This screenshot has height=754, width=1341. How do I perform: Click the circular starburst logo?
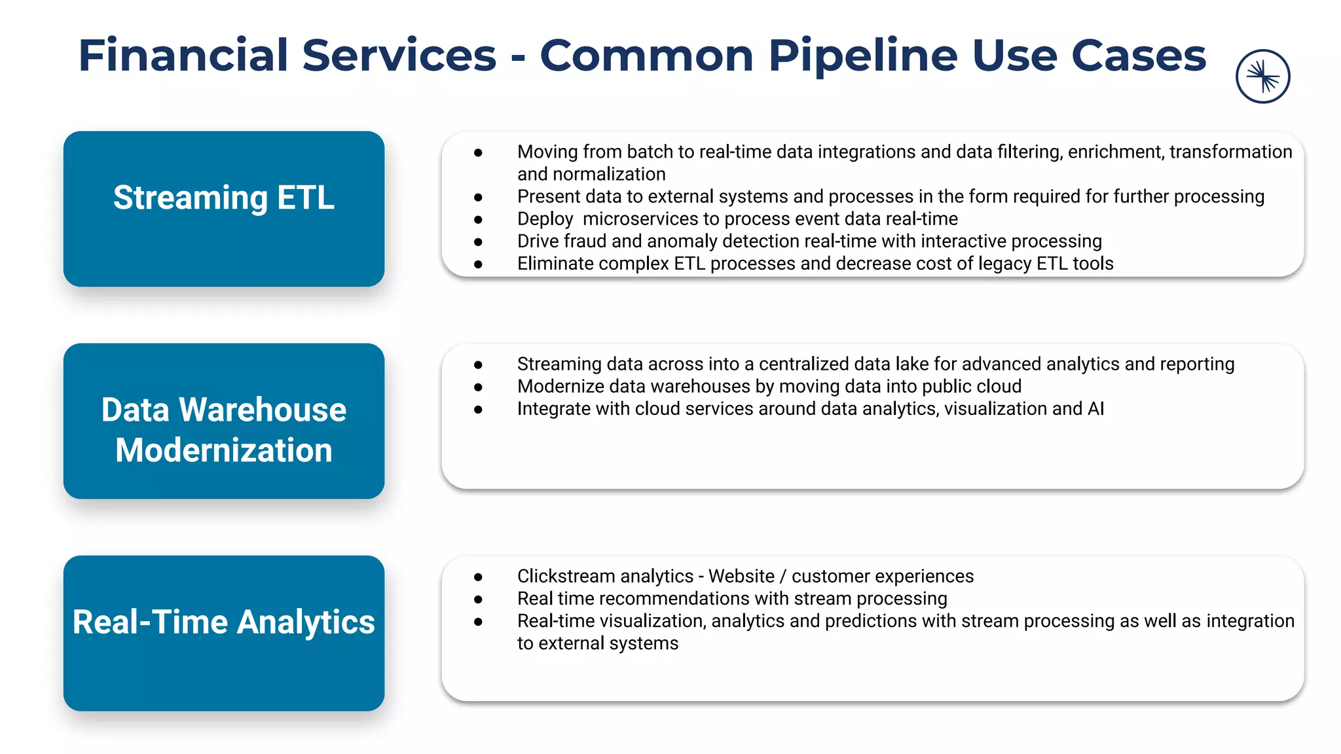tap(1262, 77)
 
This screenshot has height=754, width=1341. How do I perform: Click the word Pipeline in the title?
tap(862, 56)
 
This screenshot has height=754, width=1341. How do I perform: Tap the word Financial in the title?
tap(183, 56)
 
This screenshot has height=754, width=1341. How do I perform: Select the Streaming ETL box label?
tap(223, 198)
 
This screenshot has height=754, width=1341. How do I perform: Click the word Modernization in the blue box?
tap(223, 450)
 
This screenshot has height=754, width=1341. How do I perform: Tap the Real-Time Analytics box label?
tap(223, 622)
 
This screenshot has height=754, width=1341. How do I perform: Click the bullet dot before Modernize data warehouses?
tap(478, 387)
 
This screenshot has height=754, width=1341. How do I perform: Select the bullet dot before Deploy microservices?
tap(478, 220)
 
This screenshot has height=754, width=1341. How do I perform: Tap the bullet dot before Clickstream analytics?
tap(478, 577)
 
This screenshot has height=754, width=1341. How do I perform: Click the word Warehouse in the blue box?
tap(263, 410)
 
